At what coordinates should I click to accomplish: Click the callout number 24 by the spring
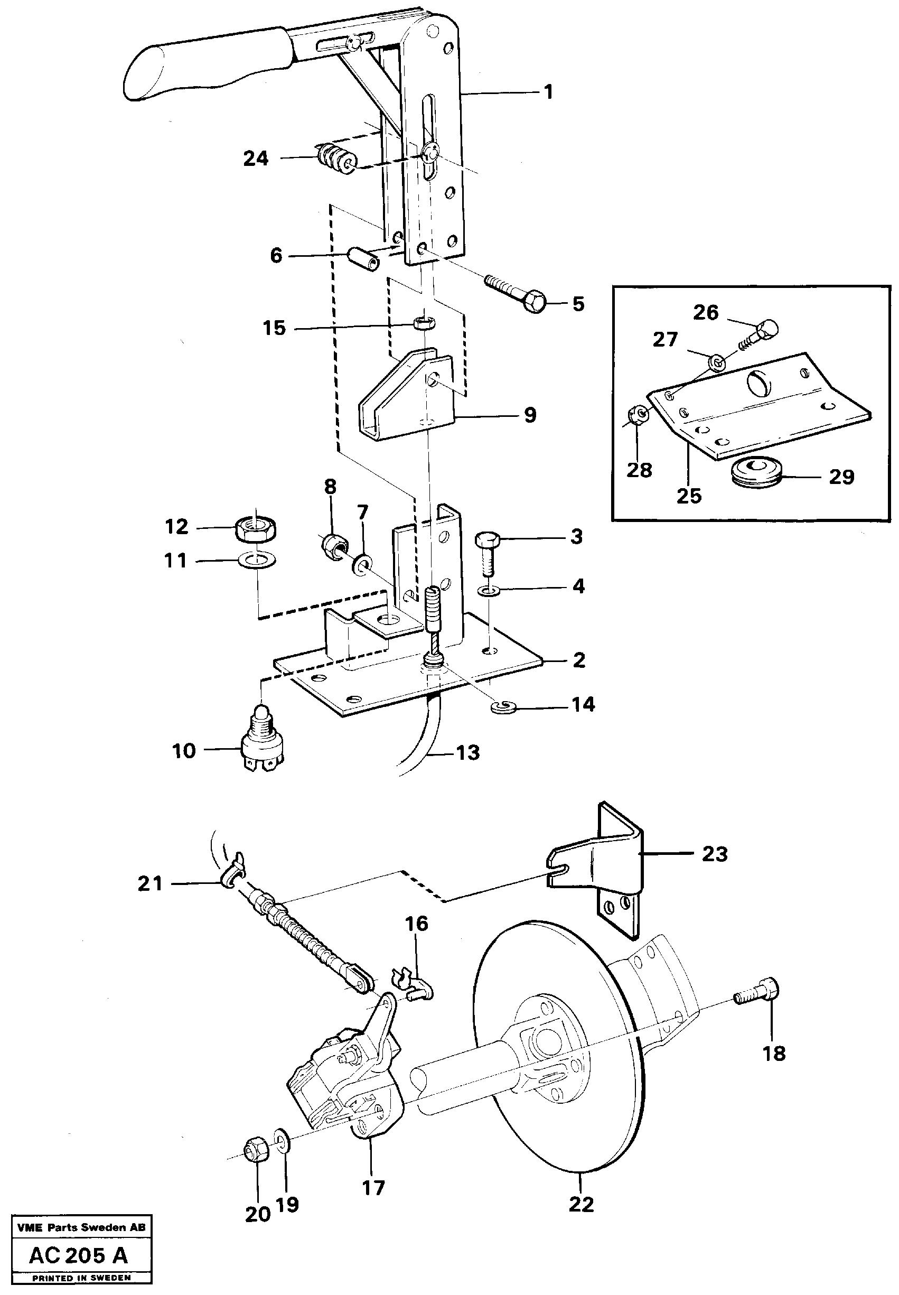256,159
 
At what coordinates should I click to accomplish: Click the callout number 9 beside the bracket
530,415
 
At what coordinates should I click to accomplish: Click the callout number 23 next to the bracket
714,854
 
